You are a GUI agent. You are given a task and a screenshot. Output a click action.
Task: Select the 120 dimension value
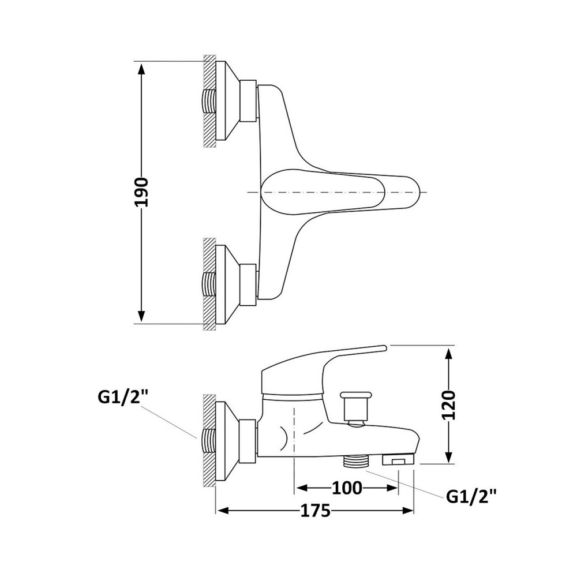tap(449, 405)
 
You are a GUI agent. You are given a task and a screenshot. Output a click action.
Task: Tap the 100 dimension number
tap(347, 488)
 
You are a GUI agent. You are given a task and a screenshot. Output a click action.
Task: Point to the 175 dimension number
tap(316, 511)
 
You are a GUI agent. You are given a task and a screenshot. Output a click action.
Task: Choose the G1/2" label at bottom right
tap(471, 496)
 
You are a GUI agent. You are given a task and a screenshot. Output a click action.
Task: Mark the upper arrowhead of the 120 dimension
tap(448, 354)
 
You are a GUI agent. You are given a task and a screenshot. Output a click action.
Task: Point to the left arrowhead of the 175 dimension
tap(223, 511)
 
